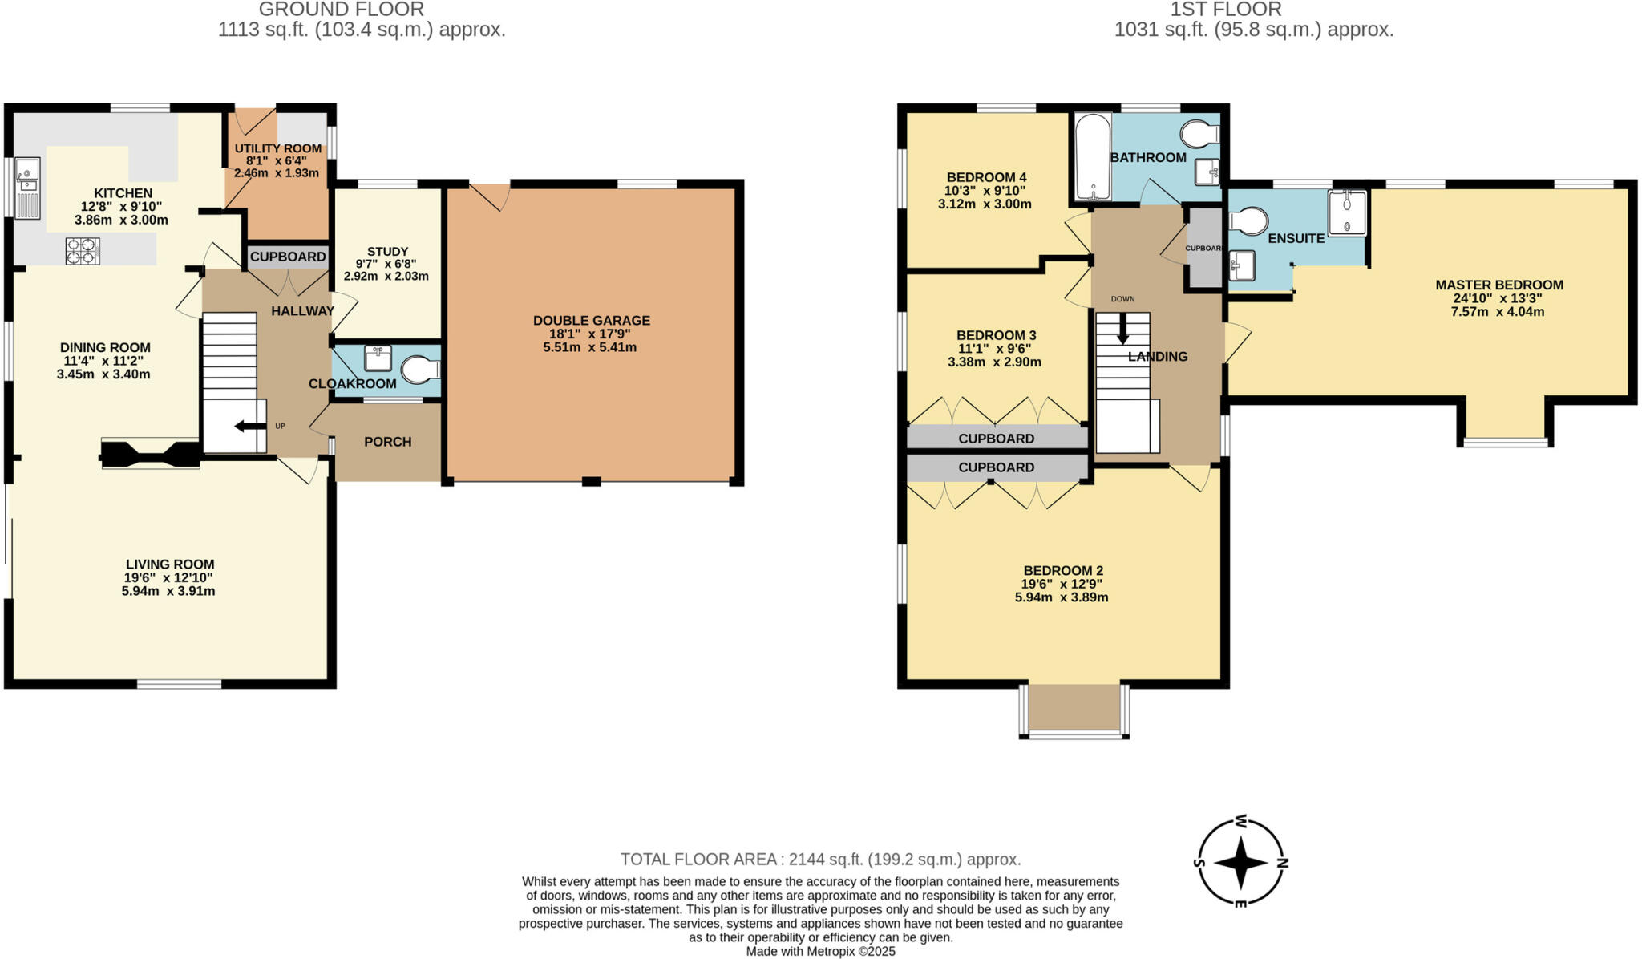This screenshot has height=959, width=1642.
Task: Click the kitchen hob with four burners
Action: pyautogui.click(x=83, y=251)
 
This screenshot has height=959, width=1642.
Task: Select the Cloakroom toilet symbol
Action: pyautogui.click(x=420, y=370)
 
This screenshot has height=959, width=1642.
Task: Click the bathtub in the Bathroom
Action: pyautogui.click(x=1092, y=156)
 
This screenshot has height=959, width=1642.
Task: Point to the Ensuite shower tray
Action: pyautogui.click(x=1347, y=212)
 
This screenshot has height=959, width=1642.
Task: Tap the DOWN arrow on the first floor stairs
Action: pyautogui.click(x=1122, y=326)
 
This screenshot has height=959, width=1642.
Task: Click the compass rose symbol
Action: pyautogui.click(x=1240, y=864)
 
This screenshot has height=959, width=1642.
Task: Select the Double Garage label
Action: pyautogui.click(x=591, y=321)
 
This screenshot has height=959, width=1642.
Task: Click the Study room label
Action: pyautogui.click(x=387, y=251)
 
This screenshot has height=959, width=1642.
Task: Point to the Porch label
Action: pyautogui.click(x=387, y=442)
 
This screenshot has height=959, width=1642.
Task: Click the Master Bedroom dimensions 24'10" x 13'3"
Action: pyautogui.click(x=1498, y=298)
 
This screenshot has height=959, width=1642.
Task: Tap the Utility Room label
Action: pyautogui.click(x=277, y=148)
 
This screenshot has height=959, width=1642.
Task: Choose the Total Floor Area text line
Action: pyautogui.click(x=820, y=860)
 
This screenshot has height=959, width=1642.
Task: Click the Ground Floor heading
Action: pyautogui.click(x=342, y=10)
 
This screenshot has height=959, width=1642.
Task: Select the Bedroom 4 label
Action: pyautogui.click(x=986, y=177)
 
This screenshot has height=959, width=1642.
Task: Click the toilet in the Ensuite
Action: pyautogui.click(x=1248, y=221)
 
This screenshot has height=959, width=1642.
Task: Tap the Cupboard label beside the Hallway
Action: pyautogui.click(x=288, y=257)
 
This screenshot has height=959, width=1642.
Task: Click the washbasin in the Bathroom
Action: pyautogui.click(x=1207, y=172)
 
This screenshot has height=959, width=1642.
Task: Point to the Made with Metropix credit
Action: pyautogui.click(x=820, y=952)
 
